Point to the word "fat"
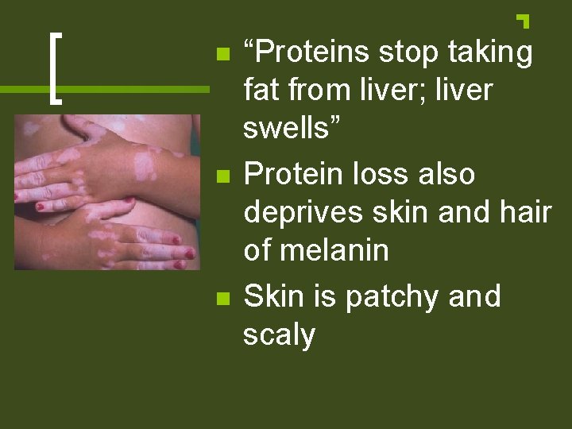(x=260, y=91)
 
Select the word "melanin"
(x=334, y=251)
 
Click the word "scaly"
(x=279, y=334)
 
